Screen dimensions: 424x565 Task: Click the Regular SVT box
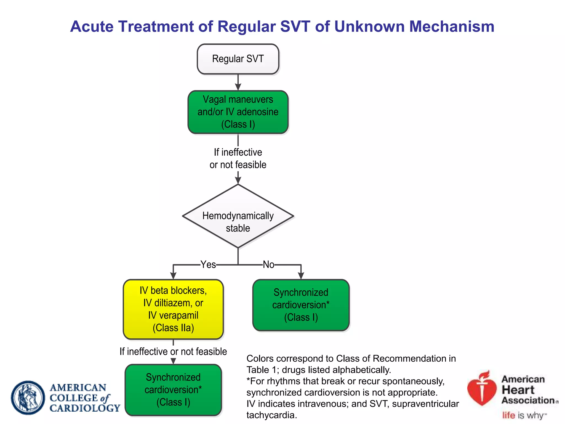(238, 59)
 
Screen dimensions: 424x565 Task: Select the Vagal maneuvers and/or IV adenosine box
(238, 112)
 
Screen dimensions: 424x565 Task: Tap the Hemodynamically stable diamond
(238, 216)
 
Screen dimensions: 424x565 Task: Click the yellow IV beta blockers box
(173, 309)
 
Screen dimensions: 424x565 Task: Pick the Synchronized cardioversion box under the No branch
(301, 305)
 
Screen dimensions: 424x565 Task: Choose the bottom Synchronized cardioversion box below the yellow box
(173, 390)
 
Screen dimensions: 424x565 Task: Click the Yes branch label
(208, 264)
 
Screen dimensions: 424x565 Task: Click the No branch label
(268, 264)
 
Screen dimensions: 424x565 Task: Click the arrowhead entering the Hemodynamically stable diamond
(238, 181)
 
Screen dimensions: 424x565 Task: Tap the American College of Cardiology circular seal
(28, 397)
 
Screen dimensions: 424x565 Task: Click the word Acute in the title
(92, 27)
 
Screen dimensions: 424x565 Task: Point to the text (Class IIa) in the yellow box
(173, 328)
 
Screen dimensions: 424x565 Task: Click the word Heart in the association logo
(518, 390)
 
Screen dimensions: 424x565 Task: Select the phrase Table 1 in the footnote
(262, 370)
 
